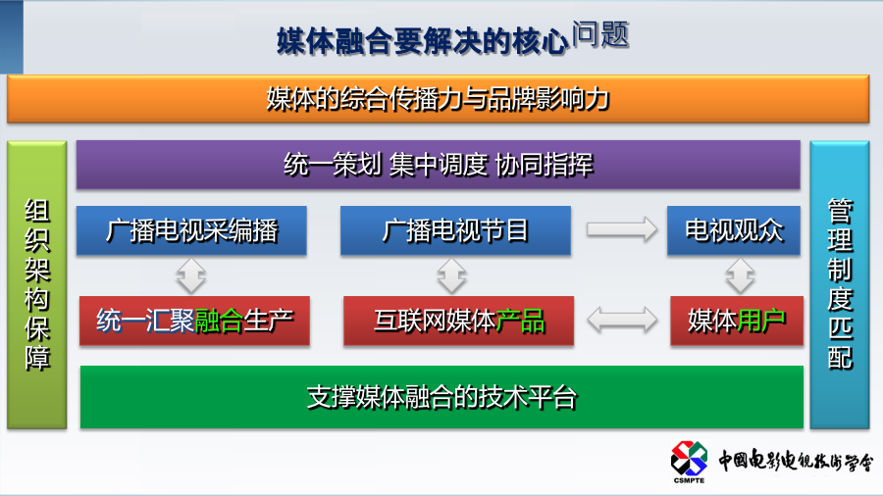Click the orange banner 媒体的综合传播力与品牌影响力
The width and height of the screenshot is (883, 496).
[x=439, y=99]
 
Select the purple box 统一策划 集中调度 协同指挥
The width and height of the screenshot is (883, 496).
[x=439, y=165]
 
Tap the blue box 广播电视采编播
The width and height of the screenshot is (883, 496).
[x=191, y=230]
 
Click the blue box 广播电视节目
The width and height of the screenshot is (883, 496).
[x=455, y=230]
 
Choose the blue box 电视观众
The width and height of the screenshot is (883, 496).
[x=734, y=230]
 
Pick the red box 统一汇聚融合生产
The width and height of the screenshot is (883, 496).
[x=194, y=321]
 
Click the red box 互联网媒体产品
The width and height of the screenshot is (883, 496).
[x=458, y=321]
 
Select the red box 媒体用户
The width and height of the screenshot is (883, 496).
[x=737, y=321]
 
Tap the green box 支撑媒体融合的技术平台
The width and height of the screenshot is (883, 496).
[x=441, y=397]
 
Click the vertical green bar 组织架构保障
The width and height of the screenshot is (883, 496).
[x=37, y=284]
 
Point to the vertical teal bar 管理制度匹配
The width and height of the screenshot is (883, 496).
[x=840, y=284]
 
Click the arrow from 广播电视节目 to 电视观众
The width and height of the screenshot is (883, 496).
[x=622, y=229]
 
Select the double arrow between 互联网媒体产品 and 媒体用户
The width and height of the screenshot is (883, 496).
[x=622, y=320]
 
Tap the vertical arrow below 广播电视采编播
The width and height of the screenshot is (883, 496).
[x=191, y=276]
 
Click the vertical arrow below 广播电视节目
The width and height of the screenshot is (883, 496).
[x=451, y=276]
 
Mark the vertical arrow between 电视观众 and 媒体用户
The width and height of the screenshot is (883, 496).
[x=740, y=276]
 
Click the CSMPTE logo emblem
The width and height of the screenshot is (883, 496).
[x=689, y=460]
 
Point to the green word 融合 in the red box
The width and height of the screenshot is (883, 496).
[x=219, y=322]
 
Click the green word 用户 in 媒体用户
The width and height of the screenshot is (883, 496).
[x=760, y=322]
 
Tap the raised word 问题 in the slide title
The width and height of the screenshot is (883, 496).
[x=600, y=34]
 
